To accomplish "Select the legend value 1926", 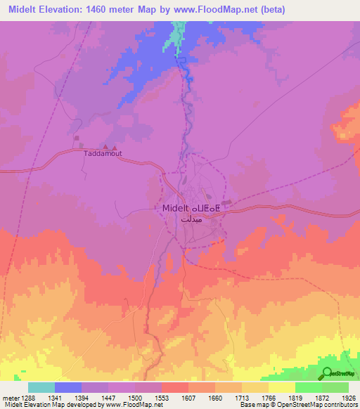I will tap(348, 398).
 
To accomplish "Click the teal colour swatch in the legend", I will tap(41, 387).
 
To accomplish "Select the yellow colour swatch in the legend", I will tap(281, 387).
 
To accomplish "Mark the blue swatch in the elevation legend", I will tap(68, 387).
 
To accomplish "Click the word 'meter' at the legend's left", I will tap(10, 398).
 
